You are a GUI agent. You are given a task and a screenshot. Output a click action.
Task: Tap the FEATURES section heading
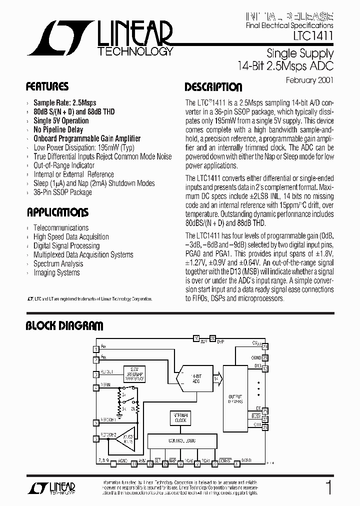(x=47, y=86)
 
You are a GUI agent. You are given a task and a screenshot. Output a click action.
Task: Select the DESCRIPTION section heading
(x=213, y=87)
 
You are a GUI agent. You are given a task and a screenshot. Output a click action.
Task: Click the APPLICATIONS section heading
(x=57, y=212)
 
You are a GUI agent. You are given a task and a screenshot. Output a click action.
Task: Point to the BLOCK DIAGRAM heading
(x=64, y=326)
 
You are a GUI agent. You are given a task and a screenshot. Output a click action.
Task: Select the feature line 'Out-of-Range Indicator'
(x=64, y=165)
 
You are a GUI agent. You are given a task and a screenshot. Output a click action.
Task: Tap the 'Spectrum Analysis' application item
(x=58, y=263)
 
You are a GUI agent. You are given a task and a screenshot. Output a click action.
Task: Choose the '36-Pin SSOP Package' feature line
(x=62, y=192)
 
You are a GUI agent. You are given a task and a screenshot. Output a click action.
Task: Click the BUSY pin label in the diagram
(x=255, y=415)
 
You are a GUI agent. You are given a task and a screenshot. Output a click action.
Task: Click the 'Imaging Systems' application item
(x=56, y=272)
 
